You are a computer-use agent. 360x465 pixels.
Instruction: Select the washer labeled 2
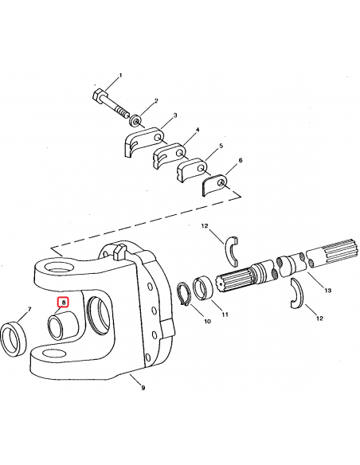point(135,121)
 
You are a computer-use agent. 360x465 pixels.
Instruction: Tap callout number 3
point(175,115)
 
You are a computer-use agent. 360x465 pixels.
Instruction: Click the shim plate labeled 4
point(169,156)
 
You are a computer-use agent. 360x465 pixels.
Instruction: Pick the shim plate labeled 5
point(192,170)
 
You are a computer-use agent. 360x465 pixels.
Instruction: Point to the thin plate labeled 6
point(214,185)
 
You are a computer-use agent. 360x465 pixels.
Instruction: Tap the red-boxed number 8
point(63,303)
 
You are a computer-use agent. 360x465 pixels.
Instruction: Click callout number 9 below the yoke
point(143,388)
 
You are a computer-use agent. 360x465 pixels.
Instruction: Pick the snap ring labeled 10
point(185,294)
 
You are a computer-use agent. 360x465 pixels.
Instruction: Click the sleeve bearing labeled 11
point(203,287)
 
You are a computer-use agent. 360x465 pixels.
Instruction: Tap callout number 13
point(327,291)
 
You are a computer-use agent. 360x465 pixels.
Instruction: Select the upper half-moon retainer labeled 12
point(231,252)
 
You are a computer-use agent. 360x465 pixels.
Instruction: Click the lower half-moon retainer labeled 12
point(296,294)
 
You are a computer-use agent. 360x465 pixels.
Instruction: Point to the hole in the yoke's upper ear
point(58,268)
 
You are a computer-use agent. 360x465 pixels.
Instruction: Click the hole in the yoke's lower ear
point(54,354)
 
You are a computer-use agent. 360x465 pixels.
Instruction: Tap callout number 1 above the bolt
point(120,76)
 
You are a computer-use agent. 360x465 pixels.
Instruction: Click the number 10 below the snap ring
point(207,321)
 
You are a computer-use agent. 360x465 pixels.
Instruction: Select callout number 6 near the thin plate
point(241,160)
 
